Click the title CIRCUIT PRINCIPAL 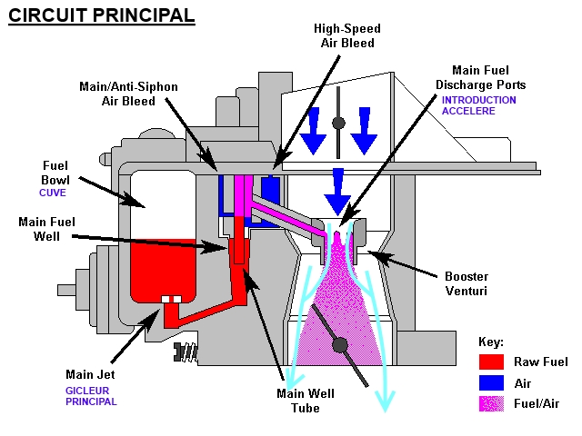tap(101, 15)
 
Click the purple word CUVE tap(52, 193)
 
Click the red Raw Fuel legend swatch tap(491, 362)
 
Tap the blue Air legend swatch tap(491, 384)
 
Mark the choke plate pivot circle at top tap(338, 123)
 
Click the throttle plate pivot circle tap(342, 344)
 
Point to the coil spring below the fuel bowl tap(187, 349)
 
